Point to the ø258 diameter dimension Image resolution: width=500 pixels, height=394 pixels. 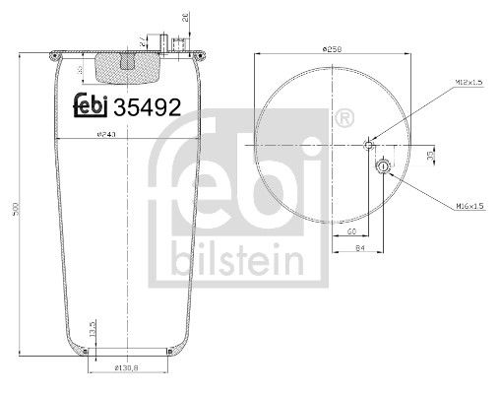tap(334, 48)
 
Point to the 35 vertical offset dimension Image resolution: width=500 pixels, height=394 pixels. tap(430, 156)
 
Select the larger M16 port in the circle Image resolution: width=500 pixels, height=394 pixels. tap(383, 166)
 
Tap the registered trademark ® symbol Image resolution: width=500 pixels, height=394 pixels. tap(344, 120)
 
